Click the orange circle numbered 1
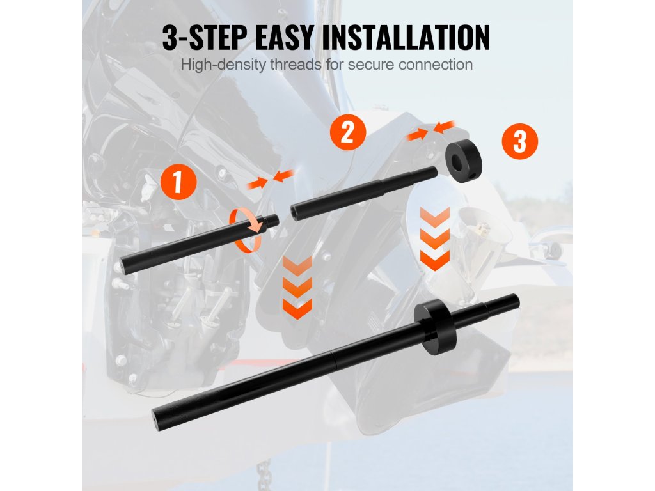coord(178,182)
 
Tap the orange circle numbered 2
coord(347,132)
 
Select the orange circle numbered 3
coord(519,141)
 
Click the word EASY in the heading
coord(283,38)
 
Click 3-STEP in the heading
coord(204,38)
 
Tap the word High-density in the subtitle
coord(223,65)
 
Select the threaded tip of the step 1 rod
coord(271,221)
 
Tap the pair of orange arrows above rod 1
coord(271,179)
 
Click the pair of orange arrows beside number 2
coord(431,130)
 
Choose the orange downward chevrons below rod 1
coord(297,288)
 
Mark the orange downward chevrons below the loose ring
coord(435,239)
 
